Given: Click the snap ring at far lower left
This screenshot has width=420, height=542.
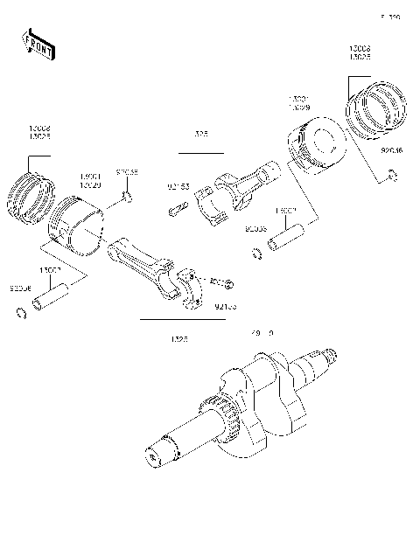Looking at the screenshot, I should (19, 314).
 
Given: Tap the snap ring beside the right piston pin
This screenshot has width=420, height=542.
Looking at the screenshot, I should (255, 254).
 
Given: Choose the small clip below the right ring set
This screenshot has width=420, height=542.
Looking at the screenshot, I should (392, 177).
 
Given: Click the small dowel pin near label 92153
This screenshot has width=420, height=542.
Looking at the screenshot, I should (177, 211).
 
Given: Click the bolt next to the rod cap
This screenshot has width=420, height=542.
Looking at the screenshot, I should (226, 283).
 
